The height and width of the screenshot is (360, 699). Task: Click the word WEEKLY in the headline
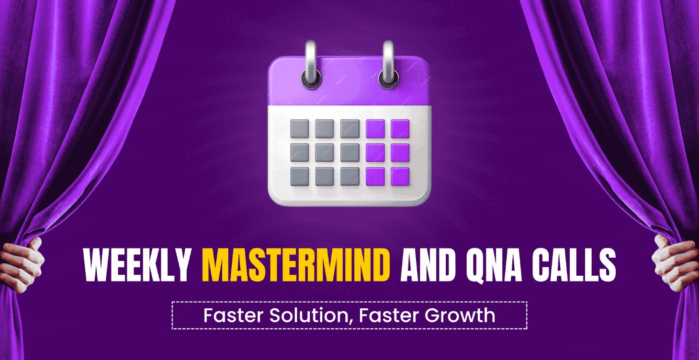click(x=137, y=265)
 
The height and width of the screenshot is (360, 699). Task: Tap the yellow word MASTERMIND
click(x=296, y=265)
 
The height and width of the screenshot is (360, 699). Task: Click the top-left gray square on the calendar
click(x=300, y=128)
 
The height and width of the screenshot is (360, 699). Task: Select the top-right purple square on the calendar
click(x=400, y=128)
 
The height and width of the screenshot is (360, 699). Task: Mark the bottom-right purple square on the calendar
click(x=400, y=177)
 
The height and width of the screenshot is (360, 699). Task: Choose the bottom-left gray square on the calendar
click(x=300, y=177)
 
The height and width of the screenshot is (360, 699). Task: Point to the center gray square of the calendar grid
click(x=325, y=153)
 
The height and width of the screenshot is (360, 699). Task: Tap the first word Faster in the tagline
click(x=234, y=315)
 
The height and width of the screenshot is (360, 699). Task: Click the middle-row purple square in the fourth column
click(x=375, y=153)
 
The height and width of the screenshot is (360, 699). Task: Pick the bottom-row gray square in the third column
click(x=350, y=177)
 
